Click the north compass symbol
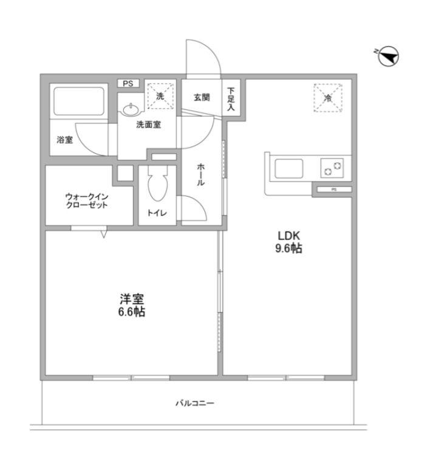pyautogui.click(x=387, y=56)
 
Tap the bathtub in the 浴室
pyautogui.click(x=79, y=101)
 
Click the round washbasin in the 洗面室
pyautogui.click(x=131, y=111)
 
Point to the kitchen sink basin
pyautogui.click(x=288, y=168)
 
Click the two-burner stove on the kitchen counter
pyautogui.click(x=332, y=168)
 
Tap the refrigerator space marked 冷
pyautogui.click(x=328, y=98)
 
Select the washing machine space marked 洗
pyautogui.click(x=160, y=96)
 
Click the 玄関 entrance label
pyautogui.click(x=202, y=97)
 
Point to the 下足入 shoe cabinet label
pyautogui.click(x=231, y=99)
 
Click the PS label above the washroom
pyautogui.click(x=128, y=83)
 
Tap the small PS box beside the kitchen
pyautogui.click(x=334, y=190)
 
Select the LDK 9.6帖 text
pyautogui.click(x=288, y=242)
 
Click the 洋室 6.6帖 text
pyautogui.click(x=132, y=306)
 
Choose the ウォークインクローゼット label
pyautogui.click(x=87, y=201)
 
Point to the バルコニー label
pyautogui.click(x=195, y=403)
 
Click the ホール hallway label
pyautogui.click(x=201, y=175)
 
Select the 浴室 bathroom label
pyautogui.click(x=64, y=140)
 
